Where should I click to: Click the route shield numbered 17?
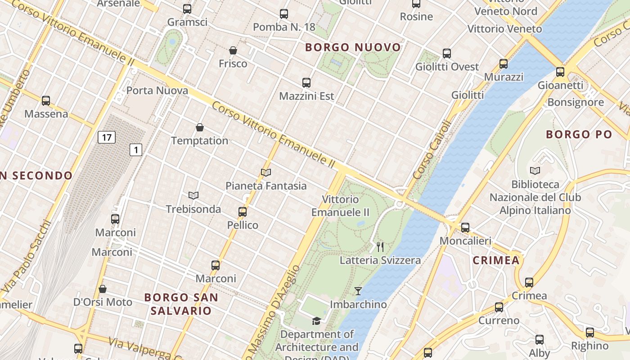pyautogui.click(x=107, y=137)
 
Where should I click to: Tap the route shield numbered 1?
pyautogui.click(x=136, y=150)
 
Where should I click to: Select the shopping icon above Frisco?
pyautogui.click(x=233, y=50)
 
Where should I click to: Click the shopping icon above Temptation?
pyautogui.click(x=200, y=128)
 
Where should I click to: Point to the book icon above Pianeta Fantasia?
pyautogui.click(x=266, y=173)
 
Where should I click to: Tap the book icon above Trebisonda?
pyautogui.click(x=193, y=196)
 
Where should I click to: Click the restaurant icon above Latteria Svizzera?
pyautogui.click(x=380, y=247)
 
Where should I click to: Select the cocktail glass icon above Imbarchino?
pyautogui.click(x=358, y=291)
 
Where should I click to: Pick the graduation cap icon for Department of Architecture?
pyautogui.click(x=317, y=321)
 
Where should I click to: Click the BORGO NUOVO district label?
pyautogui.click(x=353, y=47)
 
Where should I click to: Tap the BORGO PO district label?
pyautogui.click(x=579, y=134)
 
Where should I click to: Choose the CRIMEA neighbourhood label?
pyautogui.click(x=496, y=260)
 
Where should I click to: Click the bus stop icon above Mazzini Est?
pyautogui.click(x=306, y=83)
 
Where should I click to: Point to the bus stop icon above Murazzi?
pyautogui.click(x=504, y=64)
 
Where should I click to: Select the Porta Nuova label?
pyautogui.click(x=157, y=90)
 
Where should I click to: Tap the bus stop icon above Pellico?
pyautogui.click(x=243, y=212)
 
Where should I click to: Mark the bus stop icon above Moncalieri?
pyautogui.click(x=465, y=228)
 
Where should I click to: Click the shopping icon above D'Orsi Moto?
pyautogui.click(x=103, y=289)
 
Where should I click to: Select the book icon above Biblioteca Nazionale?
pyautogui.click(x=535, y=171)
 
